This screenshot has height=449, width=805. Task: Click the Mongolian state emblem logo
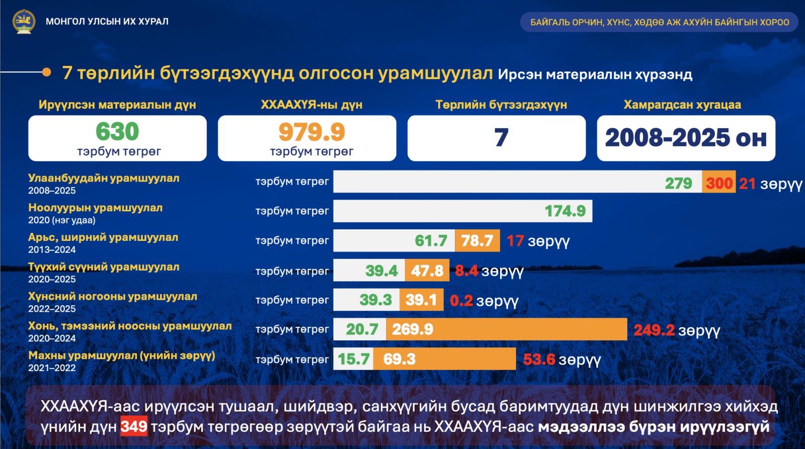click(24, 22)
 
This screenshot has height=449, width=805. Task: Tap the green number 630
click(117, 131)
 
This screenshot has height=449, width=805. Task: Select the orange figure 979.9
click(311, 132)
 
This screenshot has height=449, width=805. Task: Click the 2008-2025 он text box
click(686, 138)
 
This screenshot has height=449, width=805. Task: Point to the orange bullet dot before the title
click(46, 72)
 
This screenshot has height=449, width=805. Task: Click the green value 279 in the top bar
click(678, 183)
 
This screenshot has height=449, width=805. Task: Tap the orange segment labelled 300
click(719, 182)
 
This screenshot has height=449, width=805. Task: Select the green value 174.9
click(566, 211)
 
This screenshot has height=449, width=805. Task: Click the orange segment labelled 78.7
click(477, 240)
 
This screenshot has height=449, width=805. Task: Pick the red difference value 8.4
click(466, 271)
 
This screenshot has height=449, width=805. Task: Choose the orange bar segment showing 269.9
click(507, 329)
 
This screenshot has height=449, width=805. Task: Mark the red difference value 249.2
click(654, 330)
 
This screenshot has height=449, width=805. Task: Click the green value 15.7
click(354, 359)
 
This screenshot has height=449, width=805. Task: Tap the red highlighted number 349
click(134, 426)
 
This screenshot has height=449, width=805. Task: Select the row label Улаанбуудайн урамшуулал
click(104, 178)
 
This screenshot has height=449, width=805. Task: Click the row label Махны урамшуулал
click(121, 355)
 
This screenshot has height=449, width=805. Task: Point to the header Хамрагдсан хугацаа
click(682, 105)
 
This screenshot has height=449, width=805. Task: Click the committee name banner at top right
click(660, 22)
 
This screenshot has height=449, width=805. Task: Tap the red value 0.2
click(461, 300)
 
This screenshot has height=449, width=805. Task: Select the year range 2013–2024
click(52, 250)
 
